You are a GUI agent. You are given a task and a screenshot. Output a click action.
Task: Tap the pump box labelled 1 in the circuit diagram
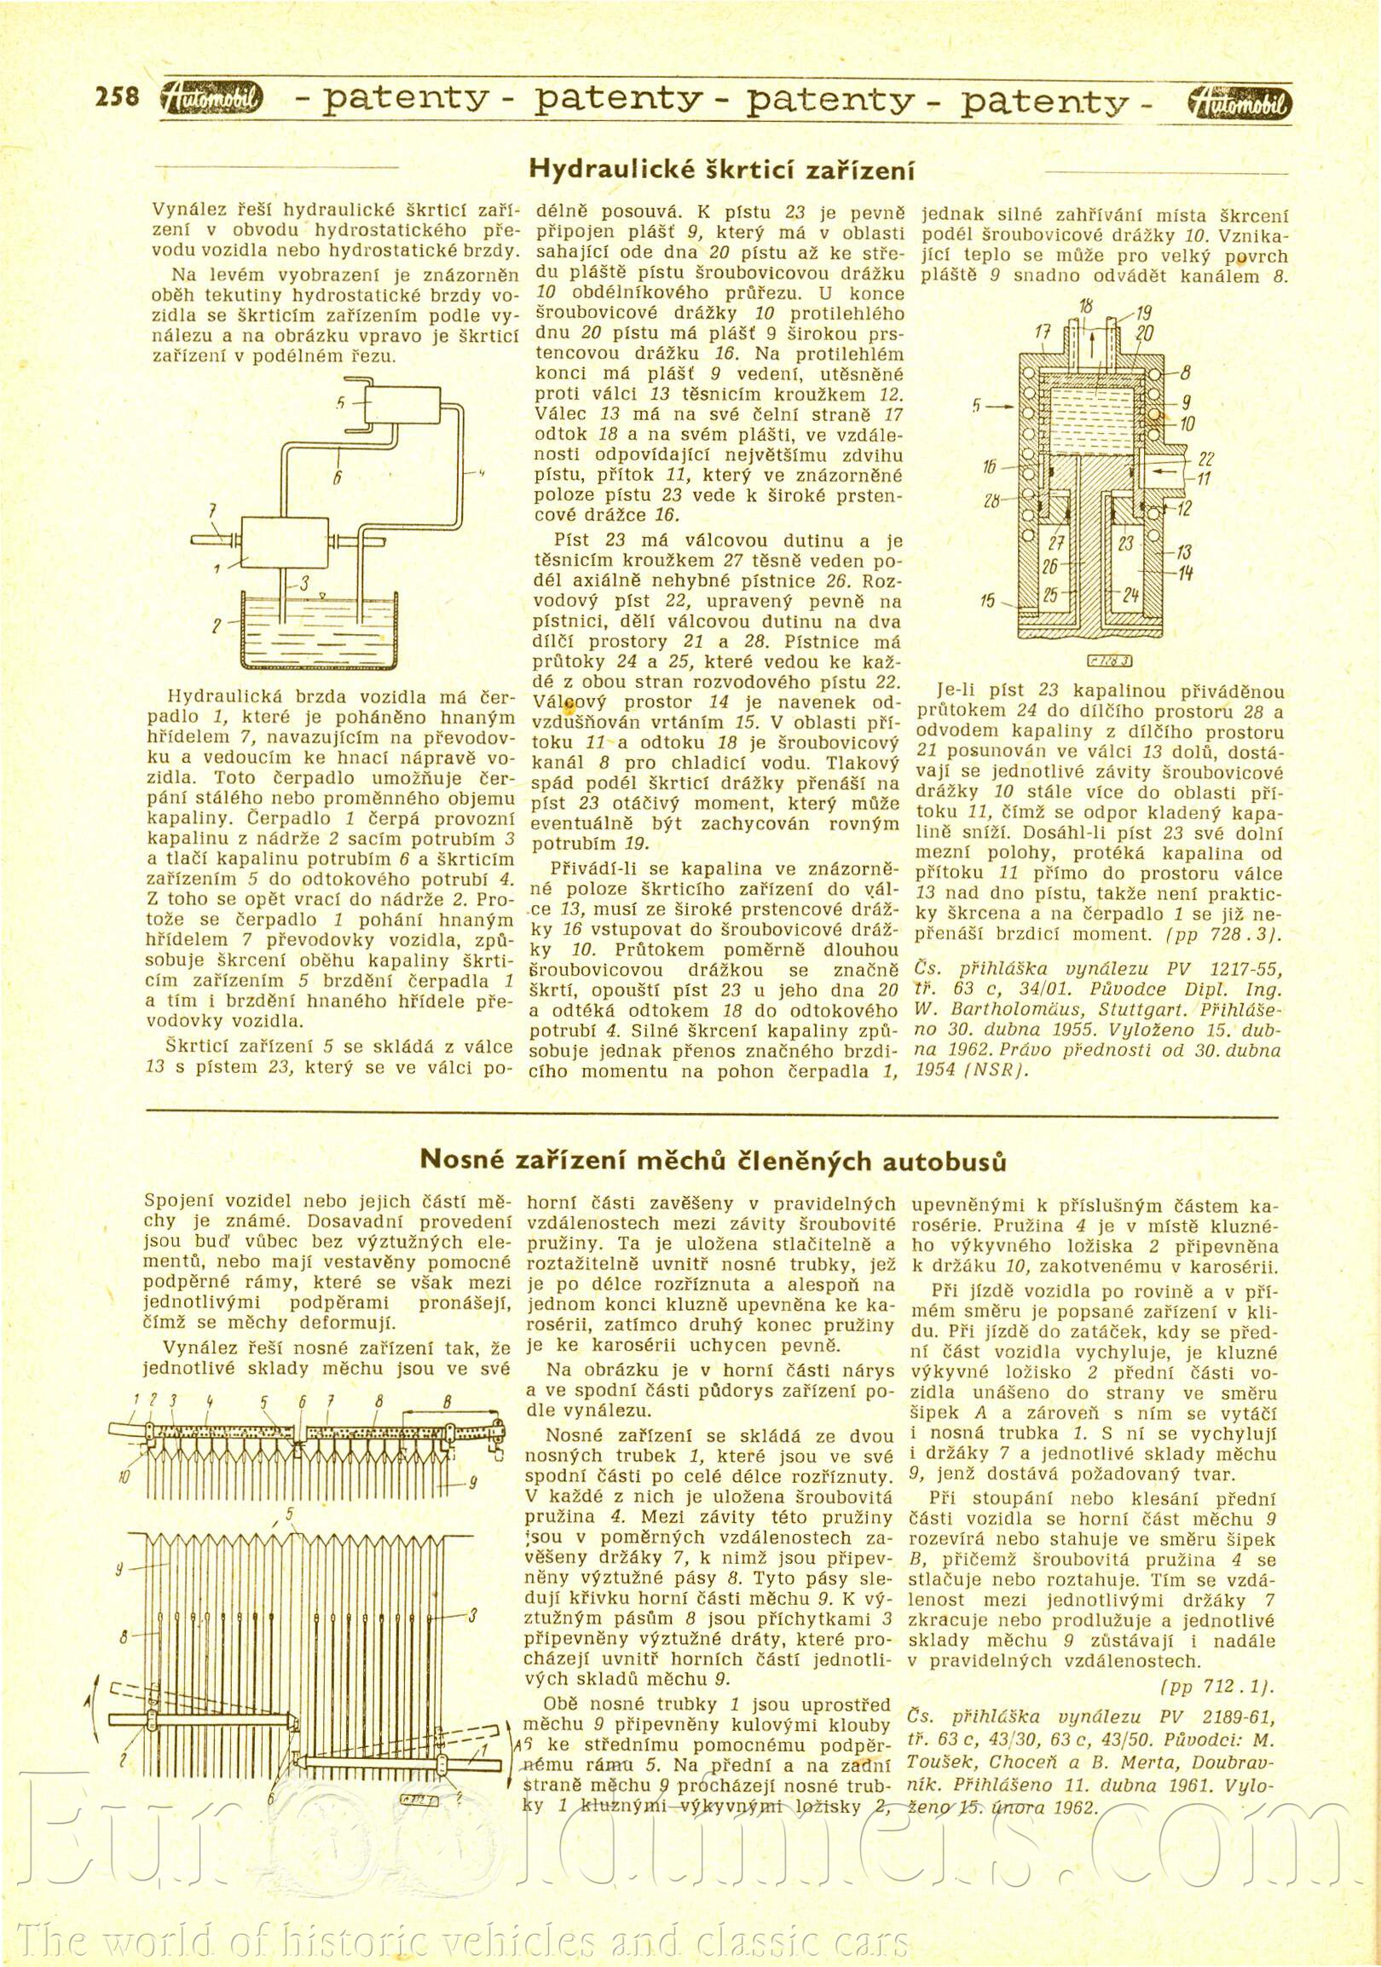point(285,542)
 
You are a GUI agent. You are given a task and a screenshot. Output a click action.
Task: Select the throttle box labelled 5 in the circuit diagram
point(400,405)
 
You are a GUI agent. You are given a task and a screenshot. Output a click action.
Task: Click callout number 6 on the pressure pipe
point(338,479)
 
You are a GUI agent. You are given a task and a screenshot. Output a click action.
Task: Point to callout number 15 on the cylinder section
point(987,601)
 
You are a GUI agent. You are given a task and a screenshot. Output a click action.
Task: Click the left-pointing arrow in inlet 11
point(1154,470)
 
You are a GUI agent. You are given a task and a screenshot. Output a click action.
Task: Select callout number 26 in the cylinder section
point(1050,565)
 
